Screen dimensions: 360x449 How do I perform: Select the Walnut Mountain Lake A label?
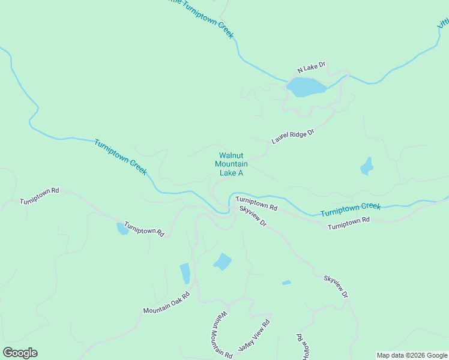pos(231,164)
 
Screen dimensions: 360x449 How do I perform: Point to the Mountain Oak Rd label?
pos(166,302)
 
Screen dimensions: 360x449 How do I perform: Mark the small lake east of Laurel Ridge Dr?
pos(366,166)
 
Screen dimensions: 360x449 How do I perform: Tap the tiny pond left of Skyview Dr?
pos(286,283)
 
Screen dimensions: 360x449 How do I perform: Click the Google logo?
pos(20,353)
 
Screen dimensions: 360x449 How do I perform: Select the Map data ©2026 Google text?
pos(412,355)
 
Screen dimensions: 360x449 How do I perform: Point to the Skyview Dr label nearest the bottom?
pos(336,287)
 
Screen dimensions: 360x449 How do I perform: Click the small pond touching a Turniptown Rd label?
pos(122,229)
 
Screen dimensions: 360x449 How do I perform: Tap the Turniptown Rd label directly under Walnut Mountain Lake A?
pos(256,203)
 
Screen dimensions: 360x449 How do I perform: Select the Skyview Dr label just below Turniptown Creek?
pos(253,216)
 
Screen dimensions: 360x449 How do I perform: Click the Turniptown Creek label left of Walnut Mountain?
pos(120,157)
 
